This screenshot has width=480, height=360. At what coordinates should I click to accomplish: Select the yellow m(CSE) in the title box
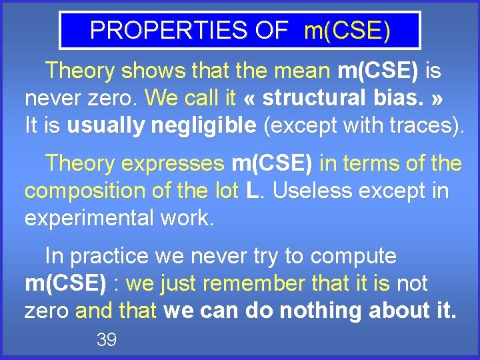pyautogui.click(x=347, y=31)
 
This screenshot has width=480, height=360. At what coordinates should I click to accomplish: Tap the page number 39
pyautogui.click(x=107, y=340)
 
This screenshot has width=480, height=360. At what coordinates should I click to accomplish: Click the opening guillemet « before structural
pyautogui.click(x=251, y=98)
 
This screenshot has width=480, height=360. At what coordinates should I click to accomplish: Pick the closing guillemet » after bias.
pyautogui.click(x=437, y=98)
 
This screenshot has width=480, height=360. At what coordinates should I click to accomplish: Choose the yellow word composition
pyautogui.click(x=77, y=191)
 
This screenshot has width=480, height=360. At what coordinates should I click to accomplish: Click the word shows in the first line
pyautogui.click(x=161, y=70)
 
